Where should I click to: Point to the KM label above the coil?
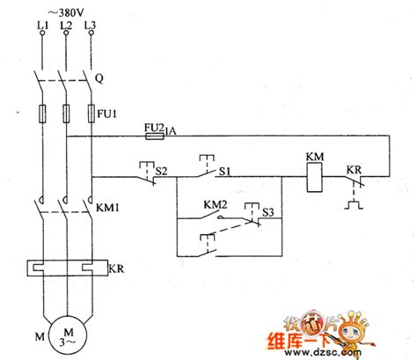click(314, 158)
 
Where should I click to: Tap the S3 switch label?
click(268, 212)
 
